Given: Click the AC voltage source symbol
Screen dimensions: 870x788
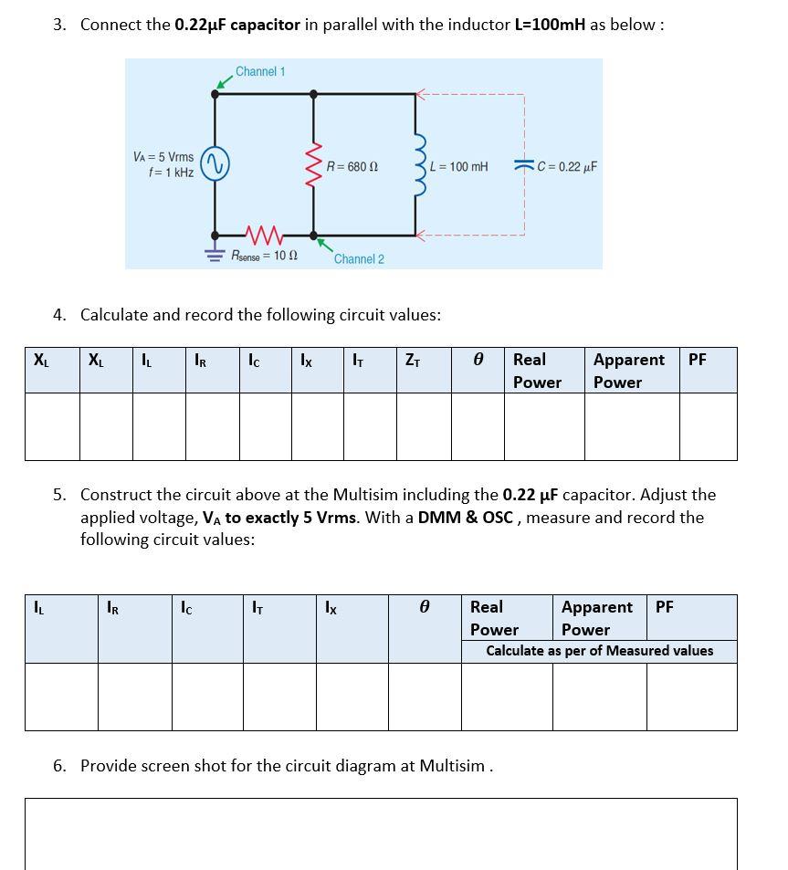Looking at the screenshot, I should click(x=215, y=165).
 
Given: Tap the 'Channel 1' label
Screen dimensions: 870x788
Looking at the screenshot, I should click(x=260, y=71).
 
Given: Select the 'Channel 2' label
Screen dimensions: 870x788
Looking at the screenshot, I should click(x=359, y=259).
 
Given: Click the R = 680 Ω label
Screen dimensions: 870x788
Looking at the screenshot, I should click(x=352, y=167).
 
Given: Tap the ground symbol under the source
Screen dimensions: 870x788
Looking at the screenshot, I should click(x=215, y=255).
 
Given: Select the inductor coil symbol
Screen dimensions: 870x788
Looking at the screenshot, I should click(x=420, y=165).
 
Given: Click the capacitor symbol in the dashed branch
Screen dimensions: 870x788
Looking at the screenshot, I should click(x=524, y=166).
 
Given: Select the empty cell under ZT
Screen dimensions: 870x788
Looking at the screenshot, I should click(x=424, y=425).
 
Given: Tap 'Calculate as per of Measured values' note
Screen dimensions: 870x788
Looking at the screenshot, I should click(x=599, y=651).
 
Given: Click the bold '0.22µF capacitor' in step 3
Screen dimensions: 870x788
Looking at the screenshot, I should click(x=237, y=25).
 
